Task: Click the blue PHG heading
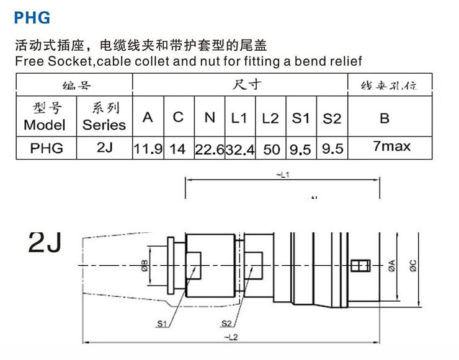[x=32, y=18]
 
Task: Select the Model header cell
[x=45, y=116]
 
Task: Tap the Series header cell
[x=104, y=116]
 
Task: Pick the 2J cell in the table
[x=104, y=149]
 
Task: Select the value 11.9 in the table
[x=148, y=149]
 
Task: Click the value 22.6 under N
[x=209, y=149]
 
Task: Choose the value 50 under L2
[x=270, y=149]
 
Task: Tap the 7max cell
[x=389, y=147]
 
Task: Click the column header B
[x=385, y=117]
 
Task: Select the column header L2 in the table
[x=270, y=118]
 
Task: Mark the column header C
[x=179, y=117]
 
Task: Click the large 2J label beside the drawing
[x=45, y=242]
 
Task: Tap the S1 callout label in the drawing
[x=163, y=323]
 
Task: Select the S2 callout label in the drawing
[x=226, y=323]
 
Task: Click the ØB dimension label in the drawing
[x=144, y=265]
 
